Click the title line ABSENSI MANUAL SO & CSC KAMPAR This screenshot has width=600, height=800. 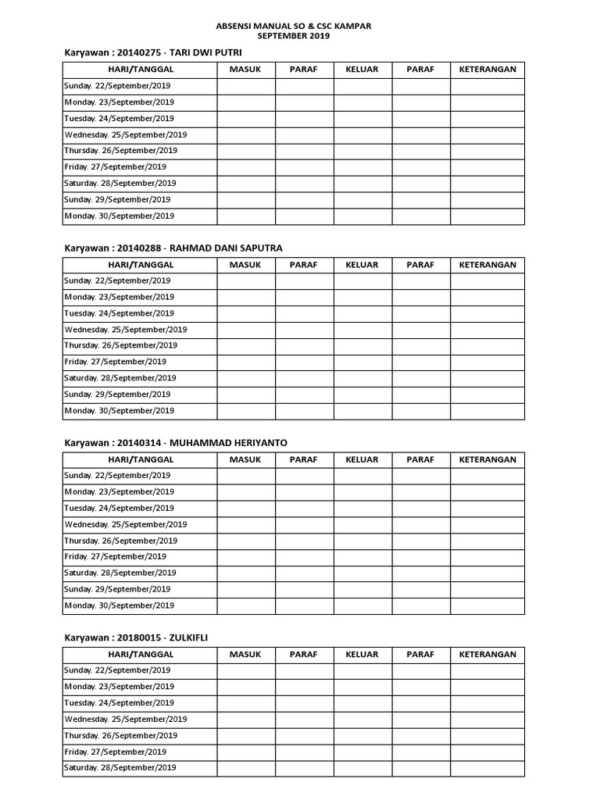(x=293, y=26)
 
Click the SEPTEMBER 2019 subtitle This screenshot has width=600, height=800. (x=293, y=36)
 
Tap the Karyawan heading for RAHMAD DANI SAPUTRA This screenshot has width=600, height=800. (x=173, y=248)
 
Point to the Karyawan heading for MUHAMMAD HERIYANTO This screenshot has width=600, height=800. (x=175, y=442)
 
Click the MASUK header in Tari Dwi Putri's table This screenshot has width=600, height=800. (x=245, y=70)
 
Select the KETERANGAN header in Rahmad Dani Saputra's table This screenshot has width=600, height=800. (x=487, y=265)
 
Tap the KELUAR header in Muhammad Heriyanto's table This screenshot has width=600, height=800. (x=362, y=459)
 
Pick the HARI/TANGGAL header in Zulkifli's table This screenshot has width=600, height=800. (x=139, y=654)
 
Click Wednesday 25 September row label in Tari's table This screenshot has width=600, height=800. (x=126, y=134)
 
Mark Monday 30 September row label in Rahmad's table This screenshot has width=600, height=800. (x=120, y=411)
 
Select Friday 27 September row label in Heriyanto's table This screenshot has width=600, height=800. (x=116, y=557)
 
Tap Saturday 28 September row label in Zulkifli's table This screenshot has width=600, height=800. (x=120, y=768)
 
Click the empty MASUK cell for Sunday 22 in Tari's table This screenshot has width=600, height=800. (x=246, y=86)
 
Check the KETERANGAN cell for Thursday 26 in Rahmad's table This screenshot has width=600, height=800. (x=487, y=345)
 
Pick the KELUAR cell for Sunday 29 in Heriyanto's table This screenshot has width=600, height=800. (x=363, y=589)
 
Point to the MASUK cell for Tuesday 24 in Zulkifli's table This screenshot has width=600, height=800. (x=246, y=703)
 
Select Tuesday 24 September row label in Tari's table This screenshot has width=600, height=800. (x=120, y=119)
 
